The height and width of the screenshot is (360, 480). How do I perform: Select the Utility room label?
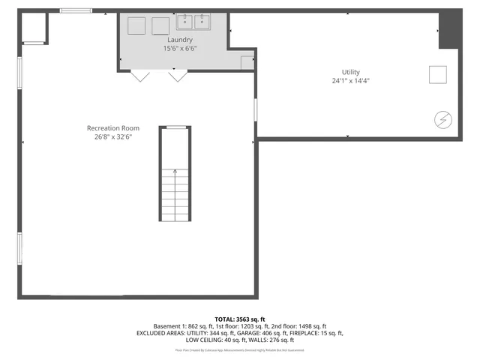pyautogui.click(x=351, y=72)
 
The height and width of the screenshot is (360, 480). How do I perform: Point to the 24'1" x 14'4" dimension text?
pyautogui.click(x=351, y=80)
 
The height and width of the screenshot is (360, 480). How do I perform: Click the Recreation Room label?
pyautogui.click(x=112, y=128)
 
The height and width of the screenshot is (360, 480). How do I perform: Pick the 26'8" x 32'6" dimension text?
pyautogui.click(x=112, y=136)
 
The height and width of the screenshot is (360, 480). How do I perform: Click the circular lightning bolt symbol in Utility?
pyautogui.click(x=442, y=118)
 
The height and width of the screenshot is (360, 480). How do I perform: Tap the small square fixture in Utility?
pyautogui.click(x=437, y=74)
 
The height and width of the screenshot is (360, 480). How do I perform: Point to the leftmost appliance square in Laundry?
pyautogui.click(x=136, y=25)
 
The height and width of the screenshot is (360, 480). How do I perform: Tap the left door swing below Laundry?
pyautogui.click(x=140, y=76)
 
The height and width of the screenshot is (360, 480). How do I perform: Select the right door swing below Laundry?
pyautogui.click(x=177, y=76)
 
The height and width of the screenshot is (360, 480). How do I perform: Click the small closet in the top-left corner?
pyautogui.click(x=34, y=28)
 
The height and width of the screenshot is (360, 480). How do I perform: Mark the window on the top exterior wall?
pyautogui.click(x=76, y=10)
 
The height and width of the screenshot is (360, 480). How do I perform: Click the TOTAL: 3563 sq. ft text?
pyautogui.click(x=240, y=319)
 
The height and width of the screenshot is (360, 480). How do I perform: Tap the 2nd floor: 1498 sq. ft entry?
pyautogui.click(x=298, y=326)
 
